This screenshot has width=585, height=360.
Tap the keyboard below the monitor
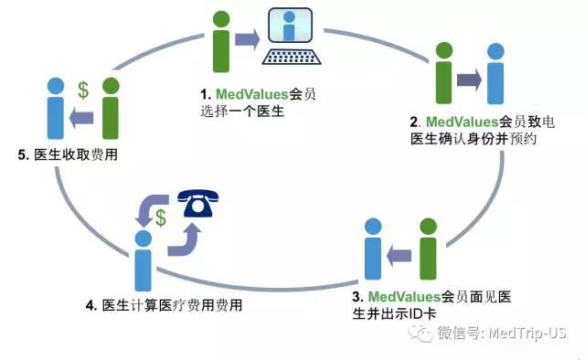(290, 58)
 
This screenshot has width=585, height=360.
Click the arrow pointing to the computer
(247, 39)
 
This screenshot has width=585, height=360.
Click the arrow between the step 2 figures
(470, 79)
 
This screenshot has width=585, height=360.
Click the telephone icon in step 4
(197, 205)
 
